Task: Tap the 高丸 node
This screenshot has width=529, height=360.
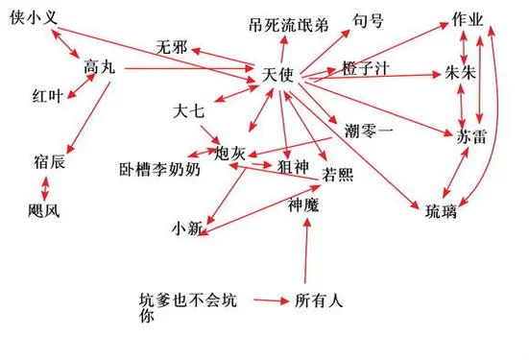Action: tap(100, 67)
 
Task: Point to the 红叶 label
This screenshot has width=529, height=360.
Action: tap(48, 96)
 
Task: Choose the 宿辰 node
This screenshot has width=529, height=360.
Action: tap(48, 162)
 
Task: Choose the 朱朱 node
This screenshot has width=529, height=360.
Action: tap(462, 73)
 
